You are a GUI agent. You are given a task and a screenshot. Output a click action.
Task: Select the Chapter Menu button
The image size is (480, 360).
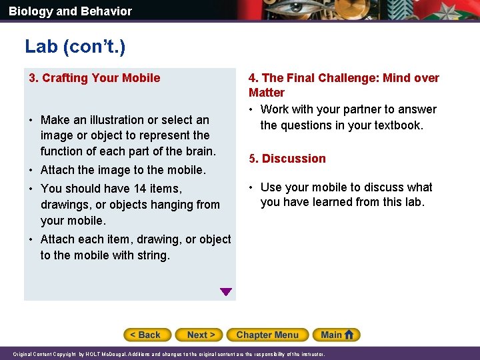pos(267,335)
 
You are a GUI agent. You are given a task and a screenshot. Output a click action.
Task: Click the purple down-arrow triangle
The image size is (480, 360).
pos(226,291)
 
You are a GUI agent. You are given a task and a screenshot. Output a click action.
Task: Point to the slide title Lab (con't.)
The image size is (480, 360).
pos(75,46)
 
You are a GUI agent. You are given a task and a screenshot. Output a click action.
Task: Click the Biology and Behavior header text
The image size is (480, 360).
pos(70,11)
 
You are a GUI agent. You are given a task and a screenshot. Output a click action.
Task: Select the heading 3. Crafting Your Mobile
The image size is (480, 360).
pos(94,78)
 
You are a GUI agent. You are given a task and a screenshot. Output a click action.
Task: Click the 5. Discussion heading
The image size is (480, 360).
pos(287,159)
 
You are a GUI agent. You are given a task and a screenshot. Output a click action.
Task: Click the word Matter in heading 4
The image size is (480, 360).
pos(267,93)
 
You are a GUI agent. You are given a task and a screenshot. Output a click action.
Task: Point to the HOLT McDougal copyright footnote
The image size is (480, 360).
pos(169,354)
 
